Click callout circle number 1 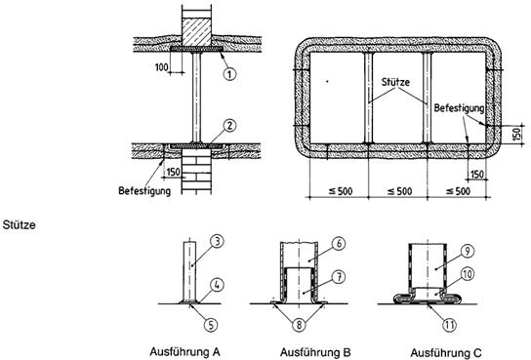click(x=229, y=74)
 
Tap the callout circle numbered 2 click(x=229, y=126)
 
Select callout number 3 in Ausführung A click(x=217, y=242)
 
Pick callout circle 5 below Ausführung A click(x=211, y=325)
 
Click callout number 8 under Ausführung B click(x=299, y=325)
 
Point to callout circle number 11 click(x=449, y=325)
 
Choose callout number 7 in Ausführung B click(x=339, y=277)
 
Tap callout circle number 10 click(x=468, y=274)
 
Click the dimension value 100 click(x=161, y=67)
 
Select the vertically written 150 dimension click(x=516, y=135)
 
